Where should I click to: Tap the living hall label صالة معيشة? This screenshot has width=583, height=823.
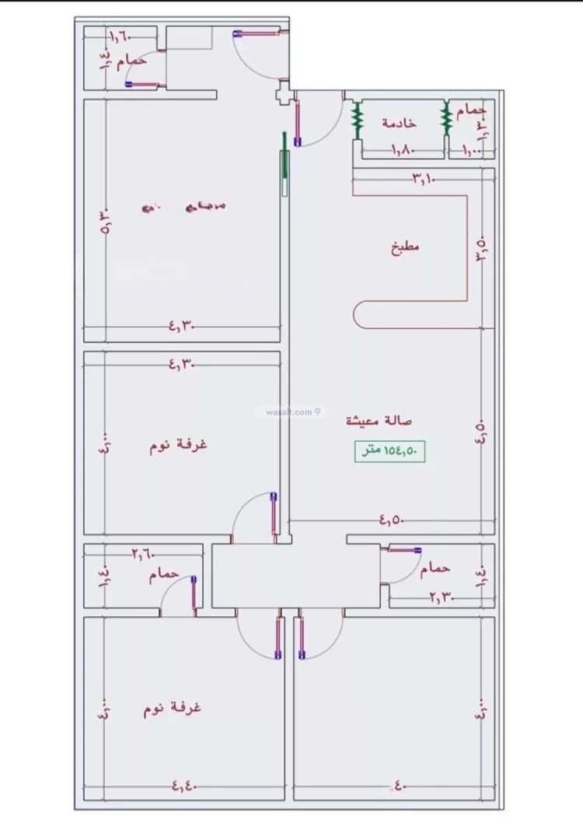click(x=379, y=421)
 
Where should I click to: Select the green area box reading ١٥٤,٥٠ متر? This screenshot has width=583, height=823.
click(x=391, y=451)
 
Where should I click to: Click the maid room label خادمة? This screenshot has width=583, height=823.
click(x=399, y=123)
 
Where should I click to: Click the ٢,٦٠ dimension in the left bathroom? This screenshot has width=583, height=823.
click(x=143, y=554)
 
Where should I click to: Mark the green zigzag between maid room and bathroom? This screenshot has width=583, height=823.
click(x=446, y=118)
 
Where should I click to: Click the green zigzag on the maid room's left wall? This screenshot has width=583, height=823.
click(x=358, y=118)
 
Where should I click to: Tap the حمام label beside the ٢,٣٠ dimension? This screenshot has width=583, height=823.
click(x=435, y=569)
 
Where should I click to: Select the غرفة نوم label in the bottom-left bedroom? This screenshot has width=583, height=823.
click(x=172, y=709)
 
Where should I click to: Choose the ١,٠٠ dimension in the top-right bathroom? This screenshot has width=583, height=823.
click(x=472, y=149)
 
